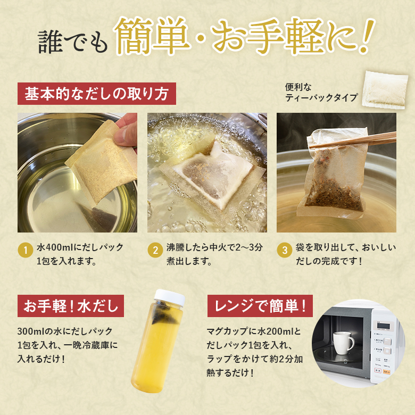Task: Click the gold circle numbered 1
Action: point(26,250)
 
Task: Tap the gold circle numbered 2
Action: point(155,250)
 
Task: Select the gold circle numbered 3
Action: point(285,250)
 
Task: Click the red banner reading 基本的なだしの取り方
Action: point(97,94)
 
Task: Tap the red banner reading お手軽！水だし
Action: point(71,306)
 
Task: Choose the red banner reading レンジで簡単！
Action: point(260,306)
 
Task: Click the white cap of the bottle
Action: point(170,297)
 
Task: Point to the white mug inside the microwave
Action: point(343,343)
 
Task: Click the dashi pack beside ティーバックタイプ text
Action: point(385,90)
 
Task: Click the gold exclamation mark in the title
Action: point(367,36)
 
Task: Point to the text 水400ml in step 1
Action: point(55,247)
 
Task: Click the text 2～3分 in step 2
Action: point(249,247)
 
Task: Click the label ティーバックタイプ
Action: point(321,98)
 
